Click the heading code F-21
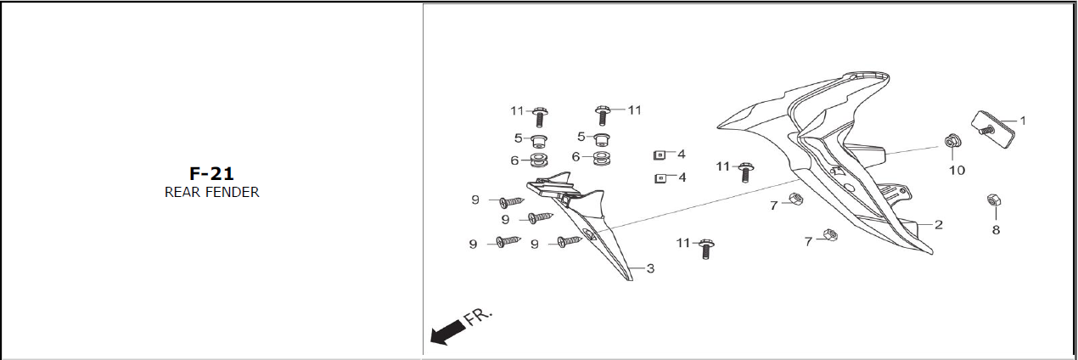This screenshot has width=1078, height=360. click(x=211, y=173)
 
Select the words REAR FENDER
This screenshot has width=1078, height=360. click(x=211, y=192)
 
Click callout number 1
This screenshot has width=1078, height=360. click(x=1022, y=121)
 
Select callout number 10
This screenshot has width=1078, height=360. click(x=957, y=170)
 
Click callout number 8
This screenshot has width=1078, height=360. click(x=996, y=229)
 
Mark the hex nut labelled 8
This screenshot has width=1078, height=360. click(x=992, y=201)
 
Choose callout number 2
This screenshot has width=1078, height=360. click(x=939, y=225)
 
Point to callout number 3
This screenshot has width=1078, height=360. click(x=650, y=269)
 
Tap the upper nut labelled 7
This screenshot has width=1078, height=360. click(x=796, y=200)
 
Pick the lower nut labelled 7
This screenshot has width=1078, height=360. click(x=831, y=237)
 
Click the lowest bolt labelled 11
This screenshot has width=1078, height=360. click(x=705, y=248)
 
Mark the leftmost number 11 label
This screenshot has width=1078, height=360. click(x=517, y=110)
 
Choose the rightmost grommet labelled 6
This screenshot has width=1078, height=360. click(x=603, y=158)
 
